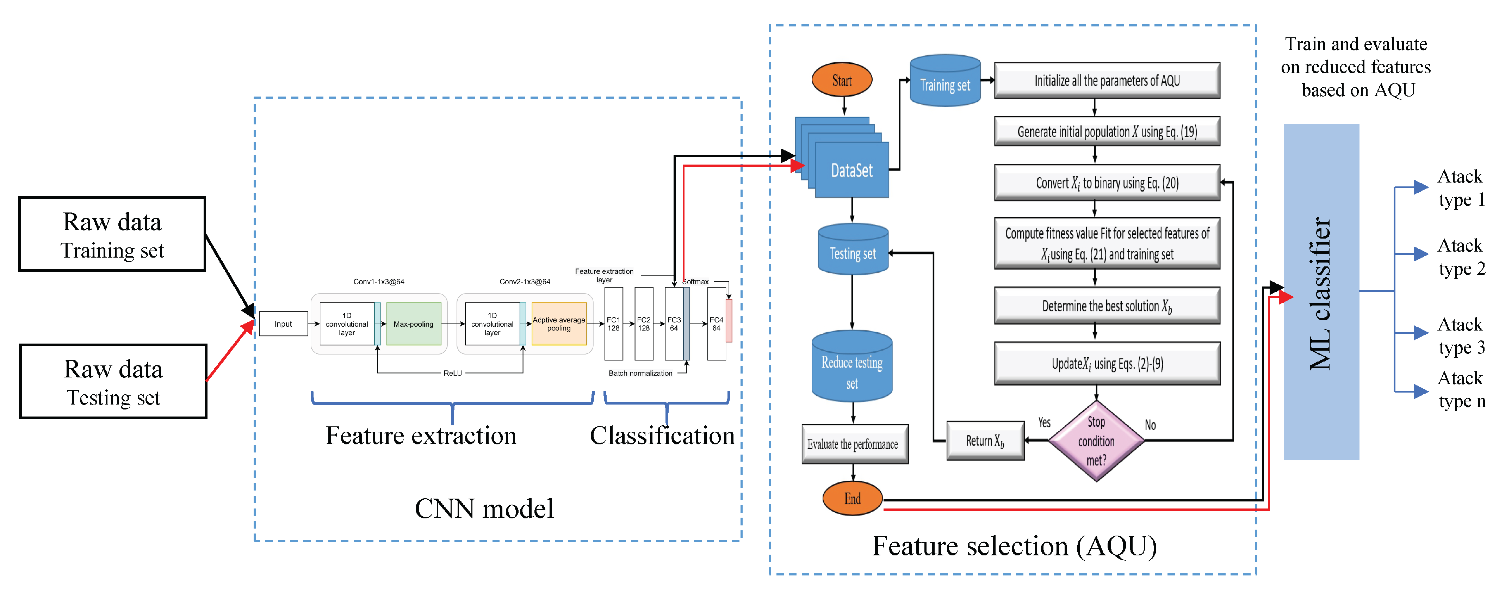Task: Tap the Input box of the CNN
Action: click(283, 324)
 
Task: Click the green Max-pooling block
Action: click(413, 324)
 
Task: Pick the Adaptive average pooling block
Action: click(559, 324)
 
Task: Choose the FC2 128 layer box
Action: click(644, 324)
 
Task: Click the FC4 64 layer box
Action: click(716, 324)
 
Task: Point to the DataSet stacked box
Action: click(851, 170)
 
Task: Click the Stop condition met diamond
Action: click(1096, 441)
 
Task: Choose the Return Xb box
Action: click(985, 441)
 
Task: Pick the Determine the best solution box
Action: click(1107, 306)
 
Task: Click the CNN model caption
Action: click(484, 509)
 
